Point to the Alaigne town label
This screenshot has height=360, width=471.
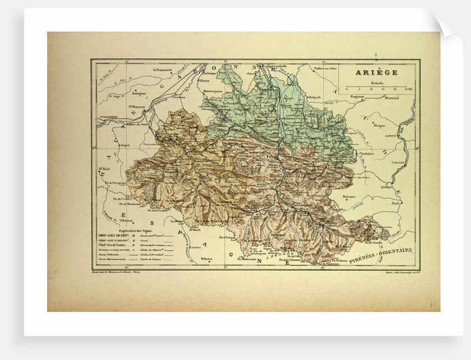379,126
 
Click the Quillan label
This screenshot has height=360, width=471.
386,187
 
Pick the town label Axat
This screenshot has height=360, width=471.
395,203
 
